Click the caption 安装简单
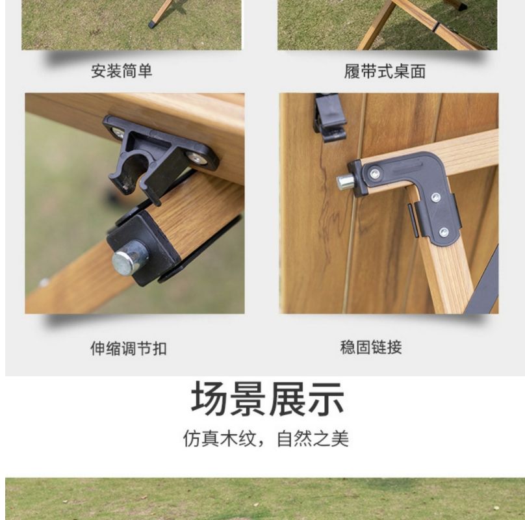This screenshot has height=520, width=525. [122, 71]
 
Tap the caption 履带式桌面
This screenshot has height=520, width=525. [385, 71]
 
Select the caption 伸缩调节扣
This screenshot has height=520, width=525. [129, 348]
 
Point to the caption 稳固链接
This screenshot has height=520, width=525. [371, 347]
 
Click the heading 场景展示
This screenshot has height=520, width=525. [268, 398]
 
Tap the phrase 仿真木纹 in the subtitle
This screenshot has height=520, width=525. [220, 439]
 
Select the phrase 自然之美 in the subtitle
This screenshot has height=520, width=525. [313, 439]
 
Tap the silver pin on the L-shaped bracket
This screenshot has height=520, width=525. [345, 182]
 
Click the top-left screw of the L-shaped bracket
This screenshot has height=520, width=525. [375, 173]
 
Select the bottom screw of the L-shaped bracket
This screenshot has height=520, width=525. [444, 232]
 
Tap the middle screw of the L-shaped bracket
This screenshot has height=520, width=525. [436, 197]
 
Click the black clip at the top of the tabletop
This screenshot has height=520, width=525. [329, 118]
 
